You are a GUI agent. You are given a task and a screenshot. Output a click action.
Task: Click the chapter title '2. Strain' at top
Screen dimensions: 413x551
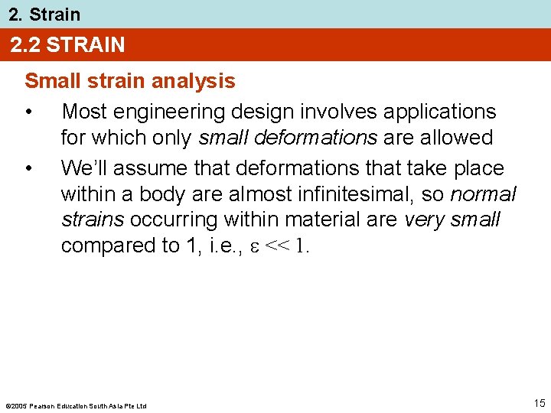44,14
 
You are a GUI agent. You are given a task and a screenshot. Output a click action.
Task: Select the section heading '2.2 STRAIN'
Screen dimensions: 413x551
67,45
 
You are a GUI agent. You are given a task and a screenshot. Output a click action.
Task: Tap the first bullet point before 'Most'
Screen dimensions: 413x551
29,112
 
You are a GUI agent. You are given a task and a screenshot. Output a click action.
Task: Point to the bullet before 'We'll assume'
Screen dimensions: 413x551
29,167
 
